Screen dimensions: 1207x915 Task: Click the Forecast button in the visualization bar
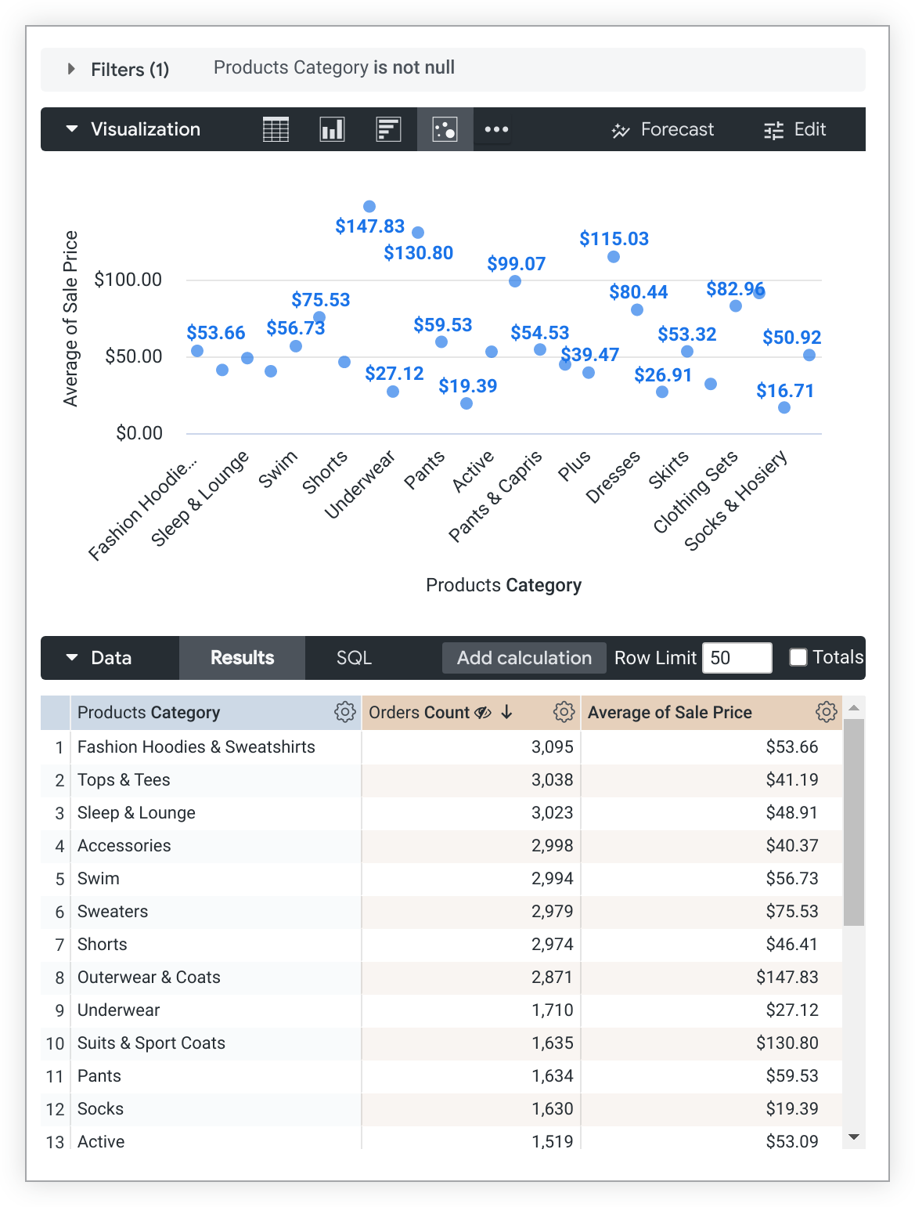(663, 129)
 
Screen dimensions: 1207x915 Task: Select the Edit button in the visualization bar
(794, 129)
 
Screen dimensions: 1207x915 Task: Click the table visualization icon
(276, 129)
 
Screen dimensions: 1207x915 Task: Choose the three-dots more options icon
(496, 129)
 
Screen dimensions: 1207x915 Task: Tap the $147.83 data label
(369, 226)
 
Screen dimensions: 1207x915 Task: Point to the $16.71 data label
(784, 391)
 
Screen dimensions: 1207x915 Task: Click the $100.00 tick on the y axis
(128, 280)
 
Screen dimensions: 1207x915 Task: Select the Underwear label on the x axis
(360, 486)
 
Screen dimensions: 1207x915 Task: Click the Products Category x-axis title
(503, 585)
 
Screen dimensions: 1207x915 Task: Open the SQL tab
(354, 658)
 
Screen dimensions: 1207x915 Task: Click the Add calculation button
(524, 658)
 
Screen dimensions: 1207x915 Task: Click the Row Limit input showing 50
(737, 658)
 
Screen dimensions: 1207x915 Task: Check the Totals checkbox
(798, 657)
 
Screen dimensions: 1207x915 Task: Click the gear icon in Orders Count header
(564, 712)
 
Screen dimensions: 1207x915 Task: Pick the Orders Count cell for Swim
(552, 879)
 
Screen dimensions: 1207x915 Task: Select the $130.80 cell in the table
(787, 1043)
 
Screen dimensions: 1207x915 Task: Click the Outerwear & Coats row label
(149, 978)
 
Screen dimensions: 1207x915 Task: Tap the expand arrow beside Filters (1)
(71, 69)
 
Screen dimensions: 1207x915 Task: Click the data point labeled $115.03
(614, 257)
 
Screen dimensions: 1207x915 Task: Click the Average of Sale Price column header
(669, 713)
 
